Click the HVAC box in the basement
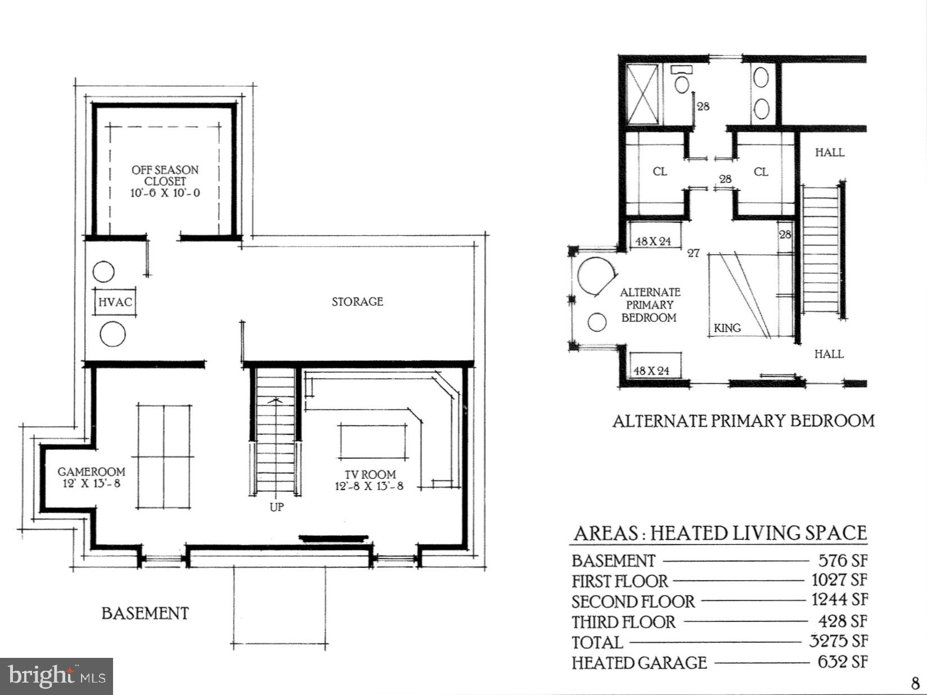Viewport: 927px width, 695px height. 115,302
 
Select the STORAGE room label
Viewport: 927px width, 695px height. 357,302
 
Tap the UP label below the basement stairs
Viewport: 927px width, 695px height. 276,507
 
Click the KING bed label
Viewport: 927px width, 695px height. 727,328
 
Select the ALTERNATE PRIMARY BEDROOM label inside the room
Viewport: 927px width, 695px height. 650,305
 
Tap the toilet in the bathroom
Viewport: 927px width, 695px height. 682,83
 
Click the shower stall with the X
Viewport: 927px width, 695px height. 643,94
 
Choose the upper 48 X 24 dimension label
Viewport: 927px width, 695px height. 653,241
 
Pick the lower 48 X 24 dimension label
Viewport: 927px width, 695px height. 652,371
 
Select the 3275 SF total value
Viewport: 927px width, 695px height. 838,641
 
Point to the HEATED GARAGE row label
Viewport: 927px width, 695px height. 639,663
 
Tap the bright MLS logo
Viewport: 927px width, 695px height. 57,676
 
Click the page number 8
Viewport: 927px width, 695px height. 915,683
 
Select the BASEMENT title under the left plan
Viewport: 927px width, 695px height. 145,613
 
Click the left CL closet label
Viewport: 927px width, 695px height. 660,172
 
